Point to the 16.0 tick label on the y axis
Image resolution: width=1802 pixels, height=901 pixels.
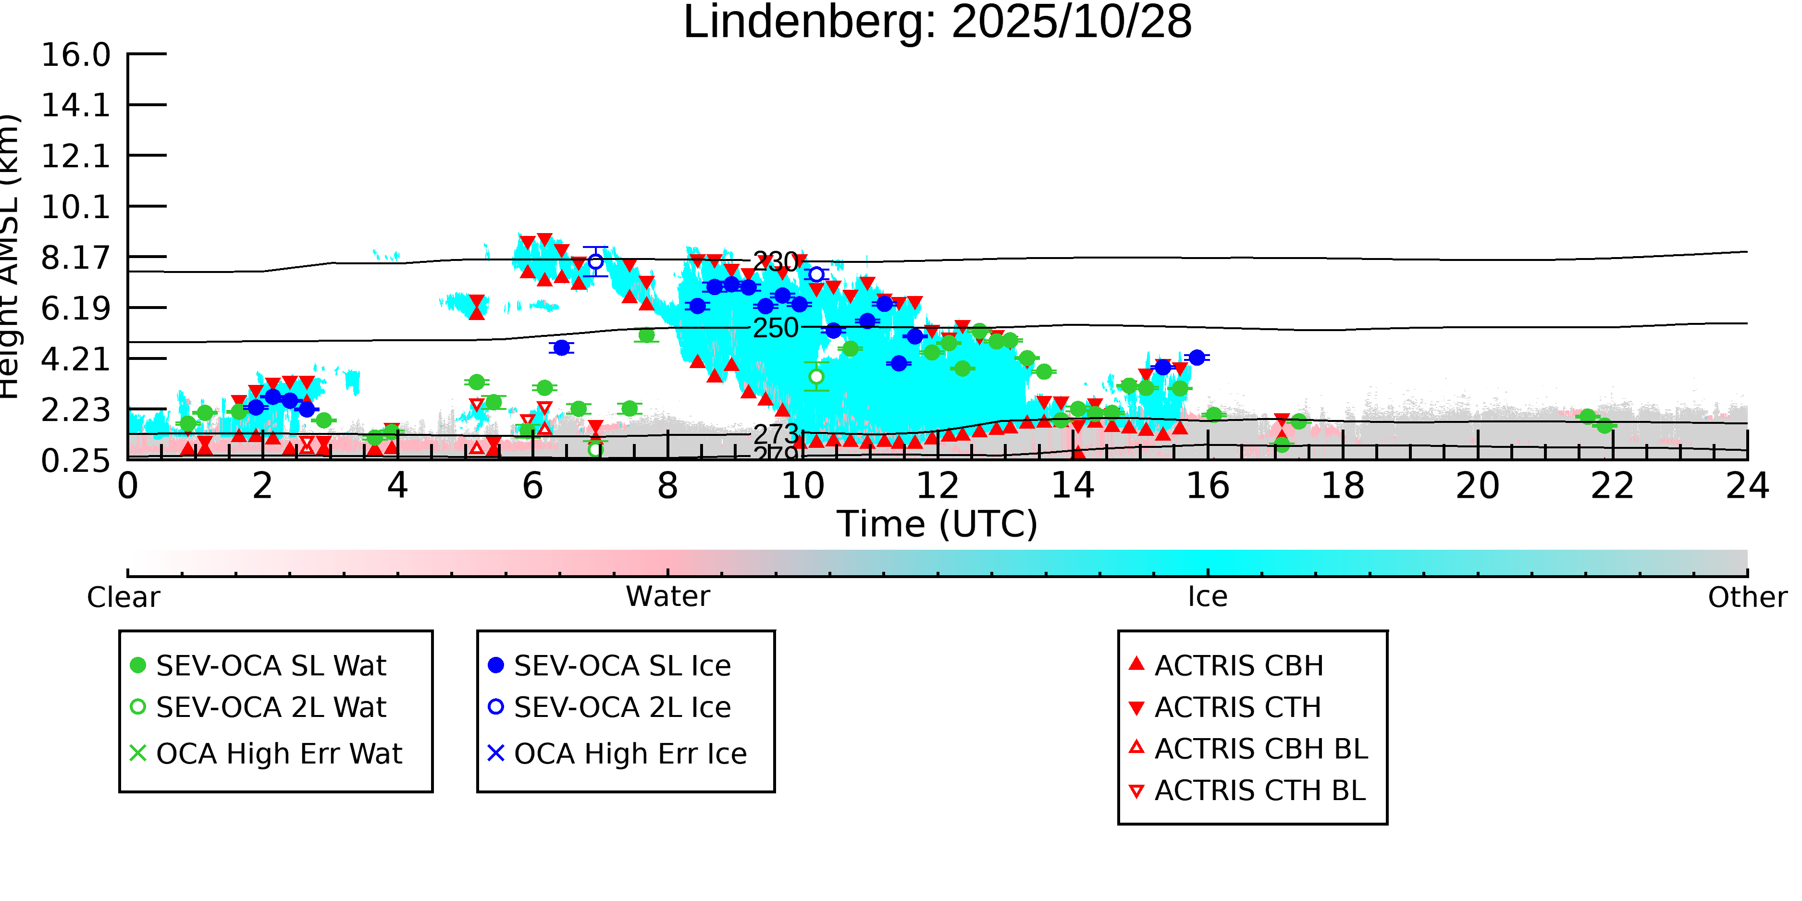tap(75, 55)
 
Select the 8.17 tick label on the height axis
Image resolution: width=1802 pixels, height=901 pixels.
tap(75, 258)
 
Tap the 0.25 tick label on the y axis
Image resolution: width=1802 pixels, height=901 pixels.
tap(75, 461)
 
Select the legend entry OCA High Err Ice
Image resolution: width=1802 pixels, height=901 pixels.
tap(629, 754)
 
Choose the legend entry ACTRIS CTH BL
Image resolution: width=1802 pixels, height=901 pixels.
tap(1259, 791)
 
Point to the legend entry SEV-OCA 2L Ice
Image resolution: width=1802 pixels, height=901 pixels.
tap(622, 708)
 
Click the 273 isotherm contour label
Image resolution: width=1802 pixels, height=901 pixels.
tap(775, 434)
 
